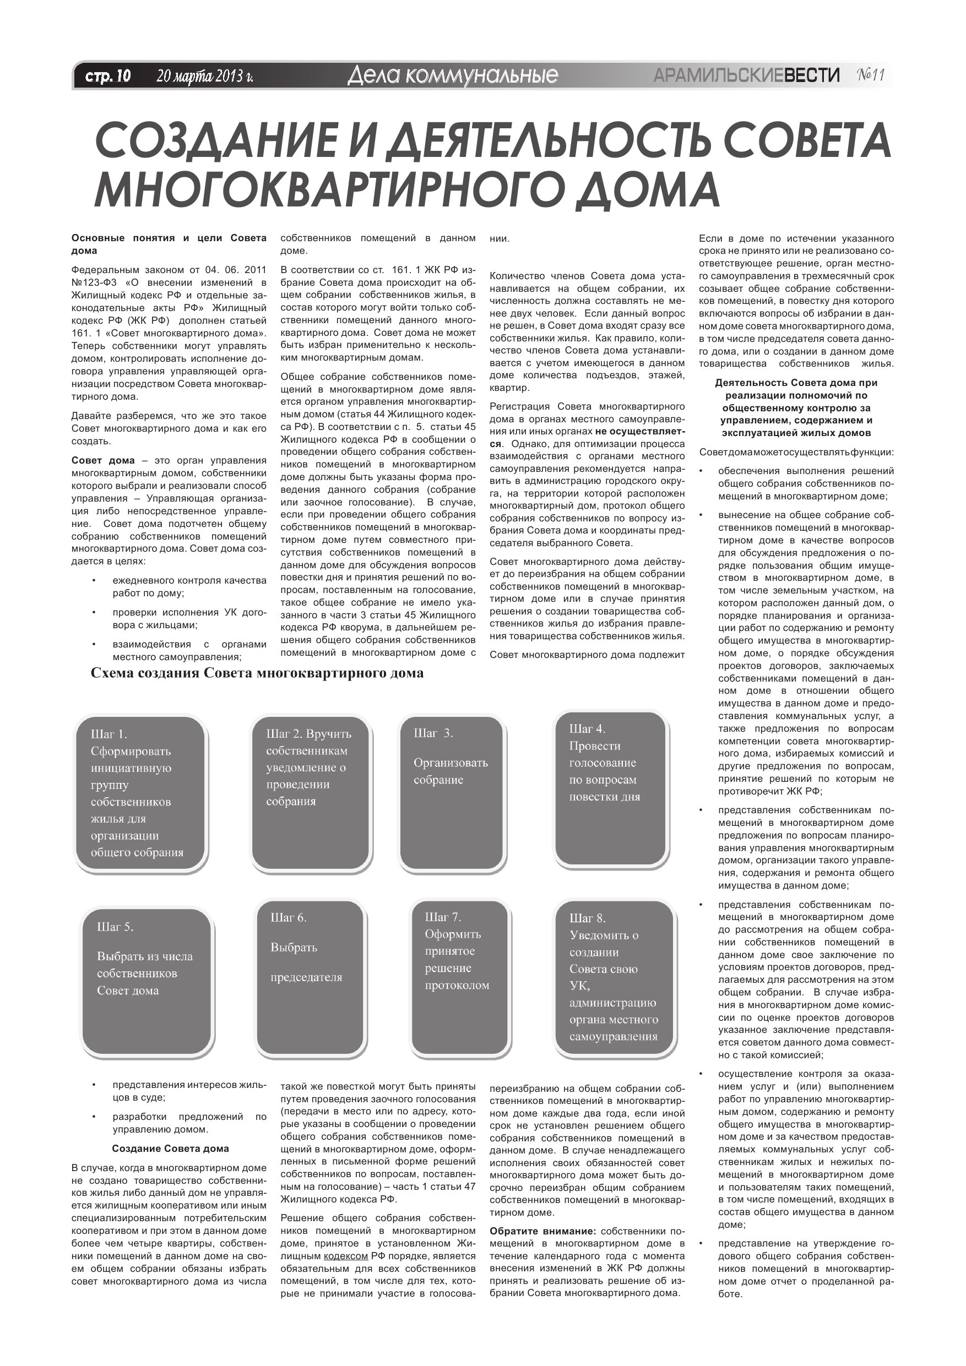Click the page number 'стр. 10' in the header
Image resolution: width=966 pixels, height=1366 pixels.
[108, 76]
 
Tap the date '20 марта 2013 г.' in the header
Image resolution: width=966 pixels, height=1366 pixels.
[205, 76]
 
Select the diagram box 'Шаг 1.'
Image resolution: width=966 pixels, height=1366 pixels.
[140, 793]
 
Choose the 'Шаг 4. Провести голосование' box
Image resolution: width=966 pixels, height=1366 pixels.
[610, 788]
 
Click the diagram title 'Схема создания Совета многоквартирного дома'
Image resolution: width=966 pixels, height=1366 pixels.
[257, 673]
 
